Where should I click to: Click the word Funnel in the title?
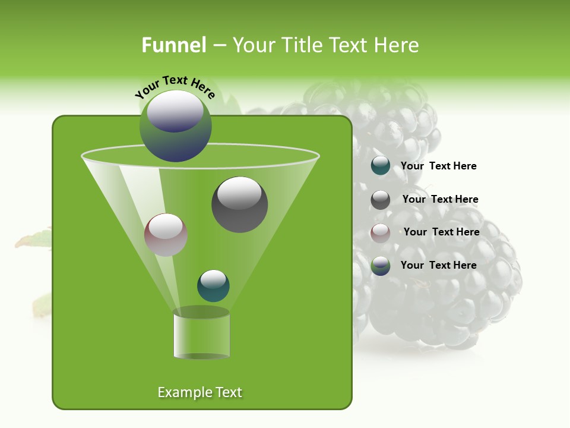click(173, 45)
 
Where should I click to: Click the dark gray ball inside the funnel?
click(239, 204)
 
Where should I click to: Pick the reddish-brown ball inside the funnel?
click(166, 235)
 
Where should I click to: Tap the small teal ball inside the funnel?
click(213, 286)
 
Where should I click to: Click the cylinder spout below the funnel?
click(201, 334)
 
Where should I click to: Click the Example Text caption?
click(199, 392)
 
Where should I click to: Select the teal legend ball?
click(381, 166)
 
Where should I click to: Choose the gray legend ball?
click(381, 200)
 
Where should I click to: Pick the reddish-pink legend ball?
click(381, 233)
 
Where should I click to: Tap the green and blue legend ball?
click(381, 266)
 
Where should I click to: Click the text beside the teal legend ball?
click(438, 166)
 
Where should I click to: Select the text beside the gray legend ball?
click(440, 200)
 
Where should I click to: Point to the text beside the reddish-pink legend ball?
click(441, 232)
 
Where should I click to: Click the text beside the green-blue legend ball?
click(438, 266)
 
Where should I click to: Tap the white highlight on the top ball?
click(175, 111)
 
